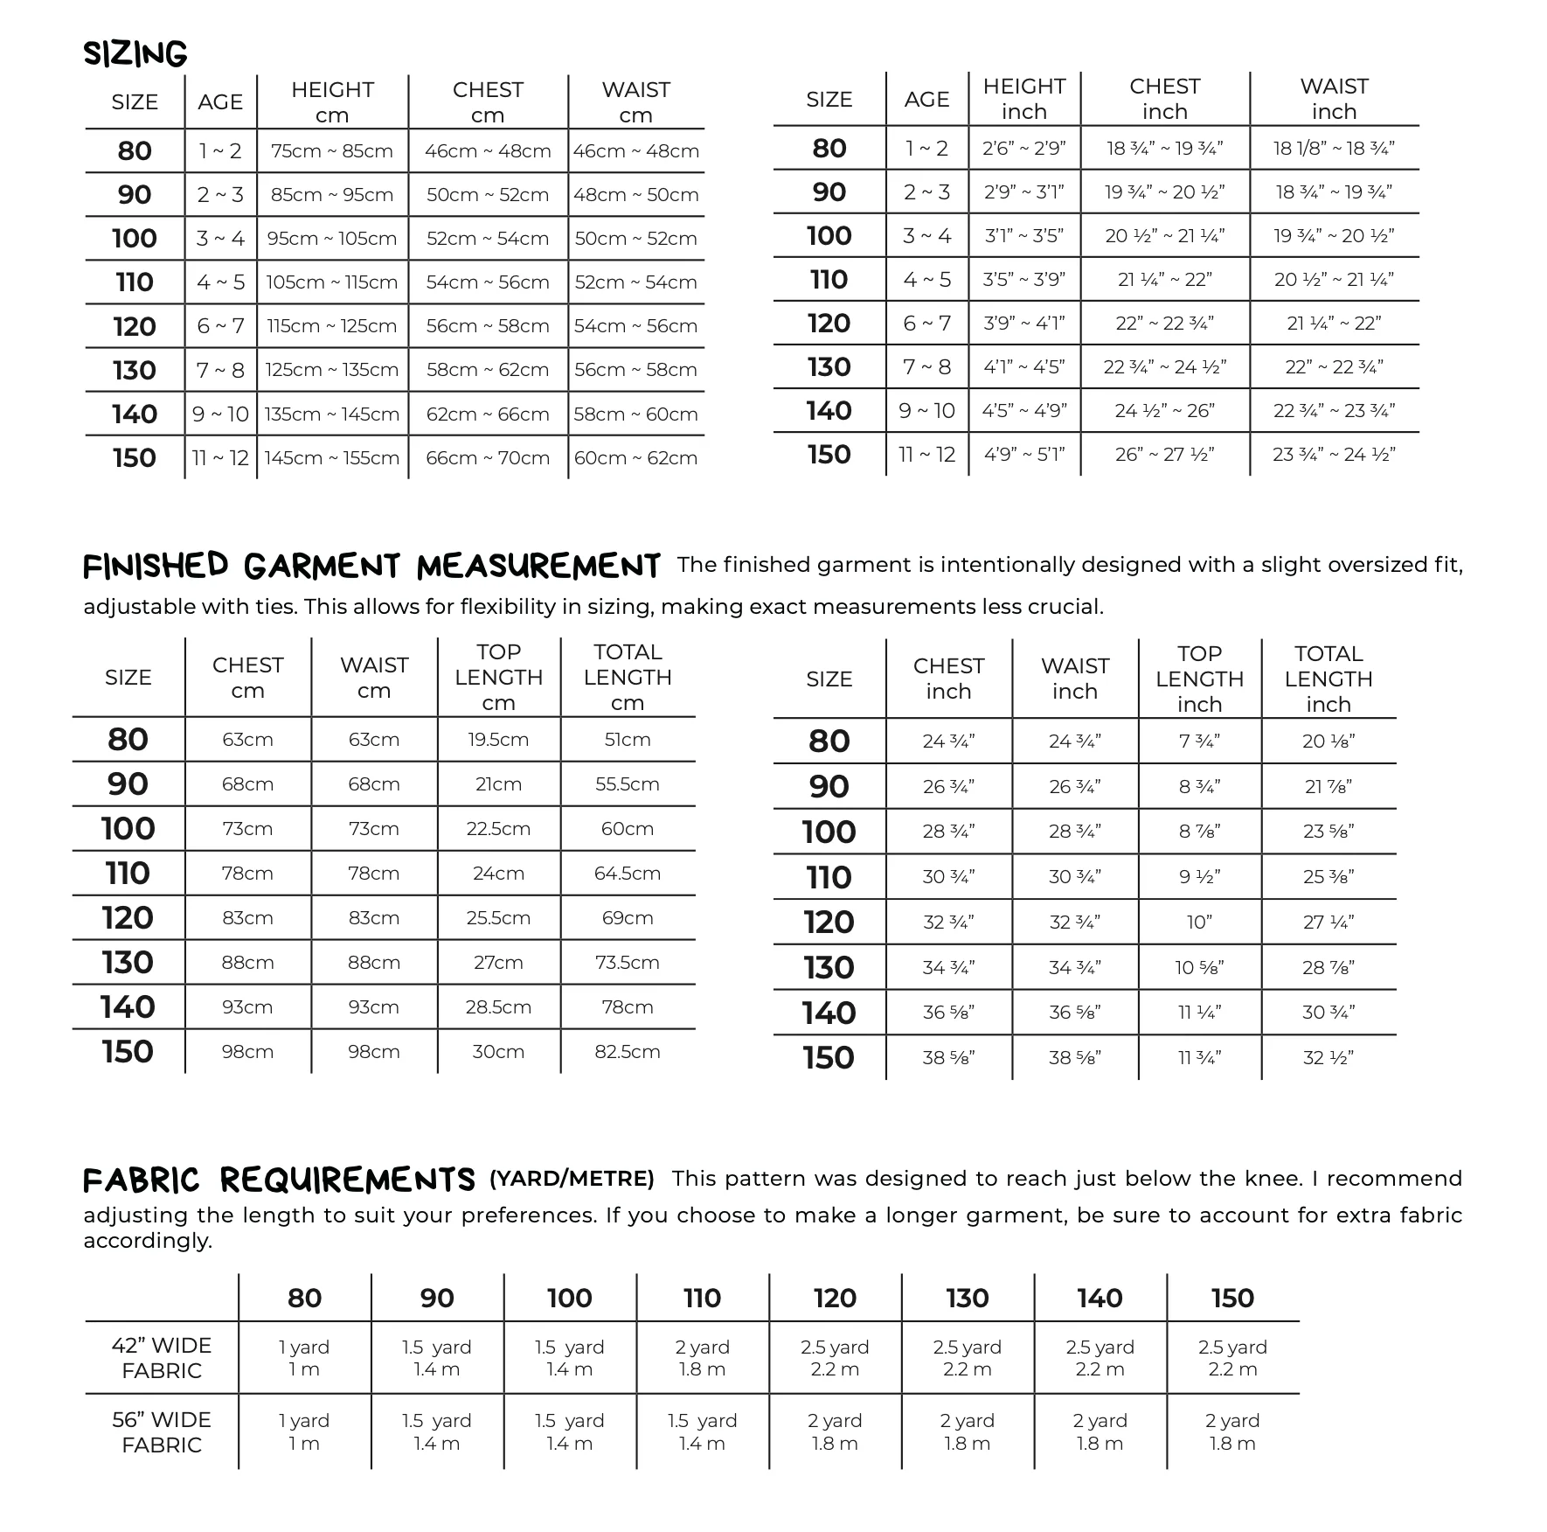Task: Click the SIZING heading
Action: coord(135,54)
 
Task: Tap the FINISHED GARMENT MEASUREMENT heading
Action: coord(371,567)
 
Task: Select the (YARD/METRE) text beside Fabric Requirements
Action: coord(572,1179)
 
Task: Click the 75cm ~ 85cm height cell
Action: coord(332,151)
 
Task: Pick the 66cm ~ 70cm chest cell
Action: coord(488,458)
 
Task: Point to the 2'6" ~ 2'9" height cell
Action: coord(1023,149)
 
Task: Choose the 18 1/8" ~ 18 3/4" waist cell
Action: coord(1333,149)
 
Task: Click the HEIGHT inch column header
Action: coord(1023,99)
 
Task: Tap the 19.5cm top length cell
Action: coord(498,740)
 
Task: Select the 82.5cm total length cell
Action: coord(628,1052)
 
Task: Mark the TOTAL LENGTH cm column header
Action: coord(628,677)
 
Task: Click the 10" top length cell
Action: coord(1199,923)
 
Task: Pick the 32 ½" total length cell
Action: coord(1328,1058)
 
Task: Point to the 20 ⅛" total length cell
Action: coord(1328,742)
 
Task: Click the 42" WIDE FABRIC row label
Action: coord(162,1358)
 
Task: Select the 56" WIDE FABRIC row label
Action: coord(162,1432)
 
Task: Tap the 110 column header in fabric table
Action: coord(702,1299)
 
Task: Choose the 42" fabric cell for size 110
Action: coord(702,1358)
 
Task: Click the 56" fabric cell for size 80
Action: coord(304,1432)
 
